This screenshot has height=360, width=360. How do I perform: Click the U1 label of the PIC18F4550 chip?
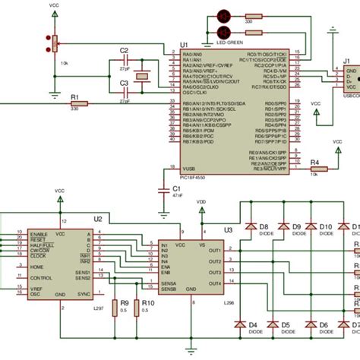[x=184, y=46]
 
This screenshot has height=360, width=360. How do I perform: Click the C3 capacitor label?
[x=124, y=92]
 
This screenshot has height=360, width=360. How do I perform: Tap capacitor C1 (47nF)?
[x=162, y=190]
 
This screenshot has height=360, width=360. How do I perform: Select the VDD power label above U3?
[x=201, y=202]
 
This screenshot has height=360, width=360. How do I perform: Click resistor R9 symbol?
[x=114, y=307]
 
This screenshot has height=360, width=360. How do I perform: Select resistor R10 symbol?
[x=137, y=307]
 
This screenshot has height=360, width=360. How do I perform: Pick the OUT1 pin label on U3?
[x=215, y=250]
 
